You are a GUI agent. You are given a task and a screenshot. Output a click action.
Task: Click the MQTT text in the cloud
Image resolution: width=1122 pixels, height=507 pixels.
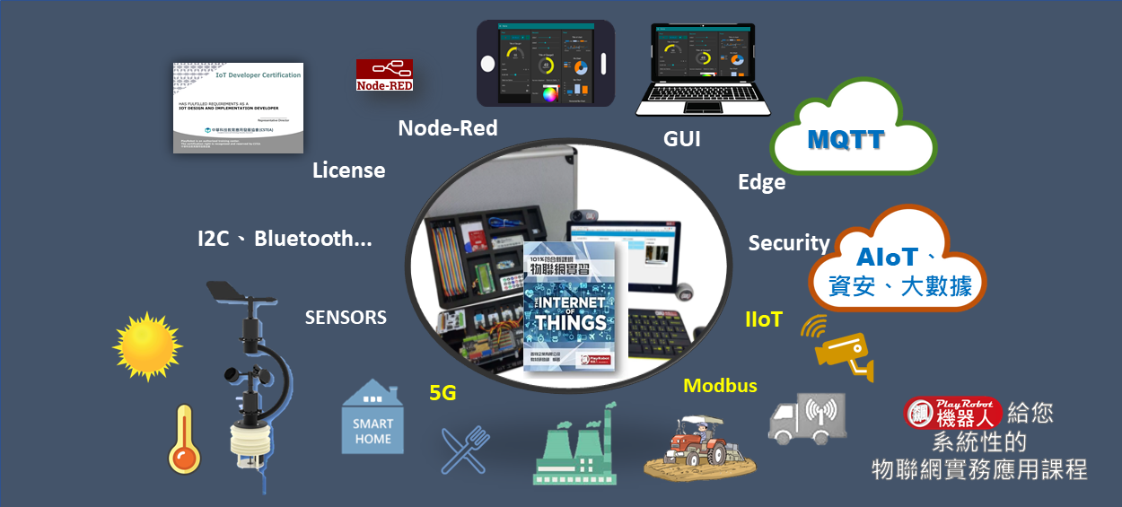coord(845,139)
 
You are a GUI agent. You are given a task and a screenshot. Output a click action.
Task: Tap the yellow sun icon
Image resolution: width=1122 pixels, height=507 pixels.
coord(147,346)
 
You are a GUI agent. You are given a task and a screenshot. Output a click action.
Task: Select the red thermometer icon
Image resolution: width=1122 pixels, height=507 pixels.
coord(183,439)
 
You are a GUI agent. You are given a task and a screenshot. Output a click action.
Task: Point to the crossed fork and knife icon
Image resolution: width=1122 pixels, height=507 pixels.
coord(465,449)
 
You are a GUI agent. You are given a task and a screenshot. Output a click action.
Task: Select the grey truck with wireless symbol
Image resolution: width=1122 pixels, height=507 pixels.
coord(807,418)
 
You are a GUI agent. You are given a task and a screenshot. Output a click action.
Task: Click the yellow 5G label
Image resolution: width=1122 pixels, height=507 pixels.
coord(443,392)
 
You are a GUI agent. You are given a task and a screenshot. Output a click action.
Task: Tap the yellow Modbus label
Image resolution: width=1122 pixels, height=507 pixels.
coord(720,386)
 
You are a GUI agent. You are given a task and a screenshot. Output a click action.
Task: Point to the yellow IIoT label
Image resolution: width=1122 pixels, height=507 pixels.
coord(763,319)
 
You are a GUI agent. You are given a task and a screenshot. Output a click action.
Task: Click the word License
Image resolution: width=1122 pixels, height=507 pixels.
coord(348,170)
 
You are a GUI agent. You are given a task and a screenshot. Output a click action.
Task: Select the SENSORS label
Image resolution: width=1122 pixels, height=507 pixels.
coord(346,317)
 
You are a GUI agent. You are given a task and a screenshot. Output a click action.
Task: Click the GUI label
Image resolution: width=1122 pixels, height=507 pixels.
coord(681,139)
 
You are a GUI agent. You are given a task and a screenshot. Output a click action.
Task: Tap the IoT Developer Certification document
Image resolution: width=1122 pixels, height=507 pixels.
coord(238,108)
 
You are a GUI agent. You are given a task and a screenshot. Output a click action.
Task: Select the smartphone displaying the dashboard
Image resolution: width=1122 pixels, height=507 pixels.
coord(545,63)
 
